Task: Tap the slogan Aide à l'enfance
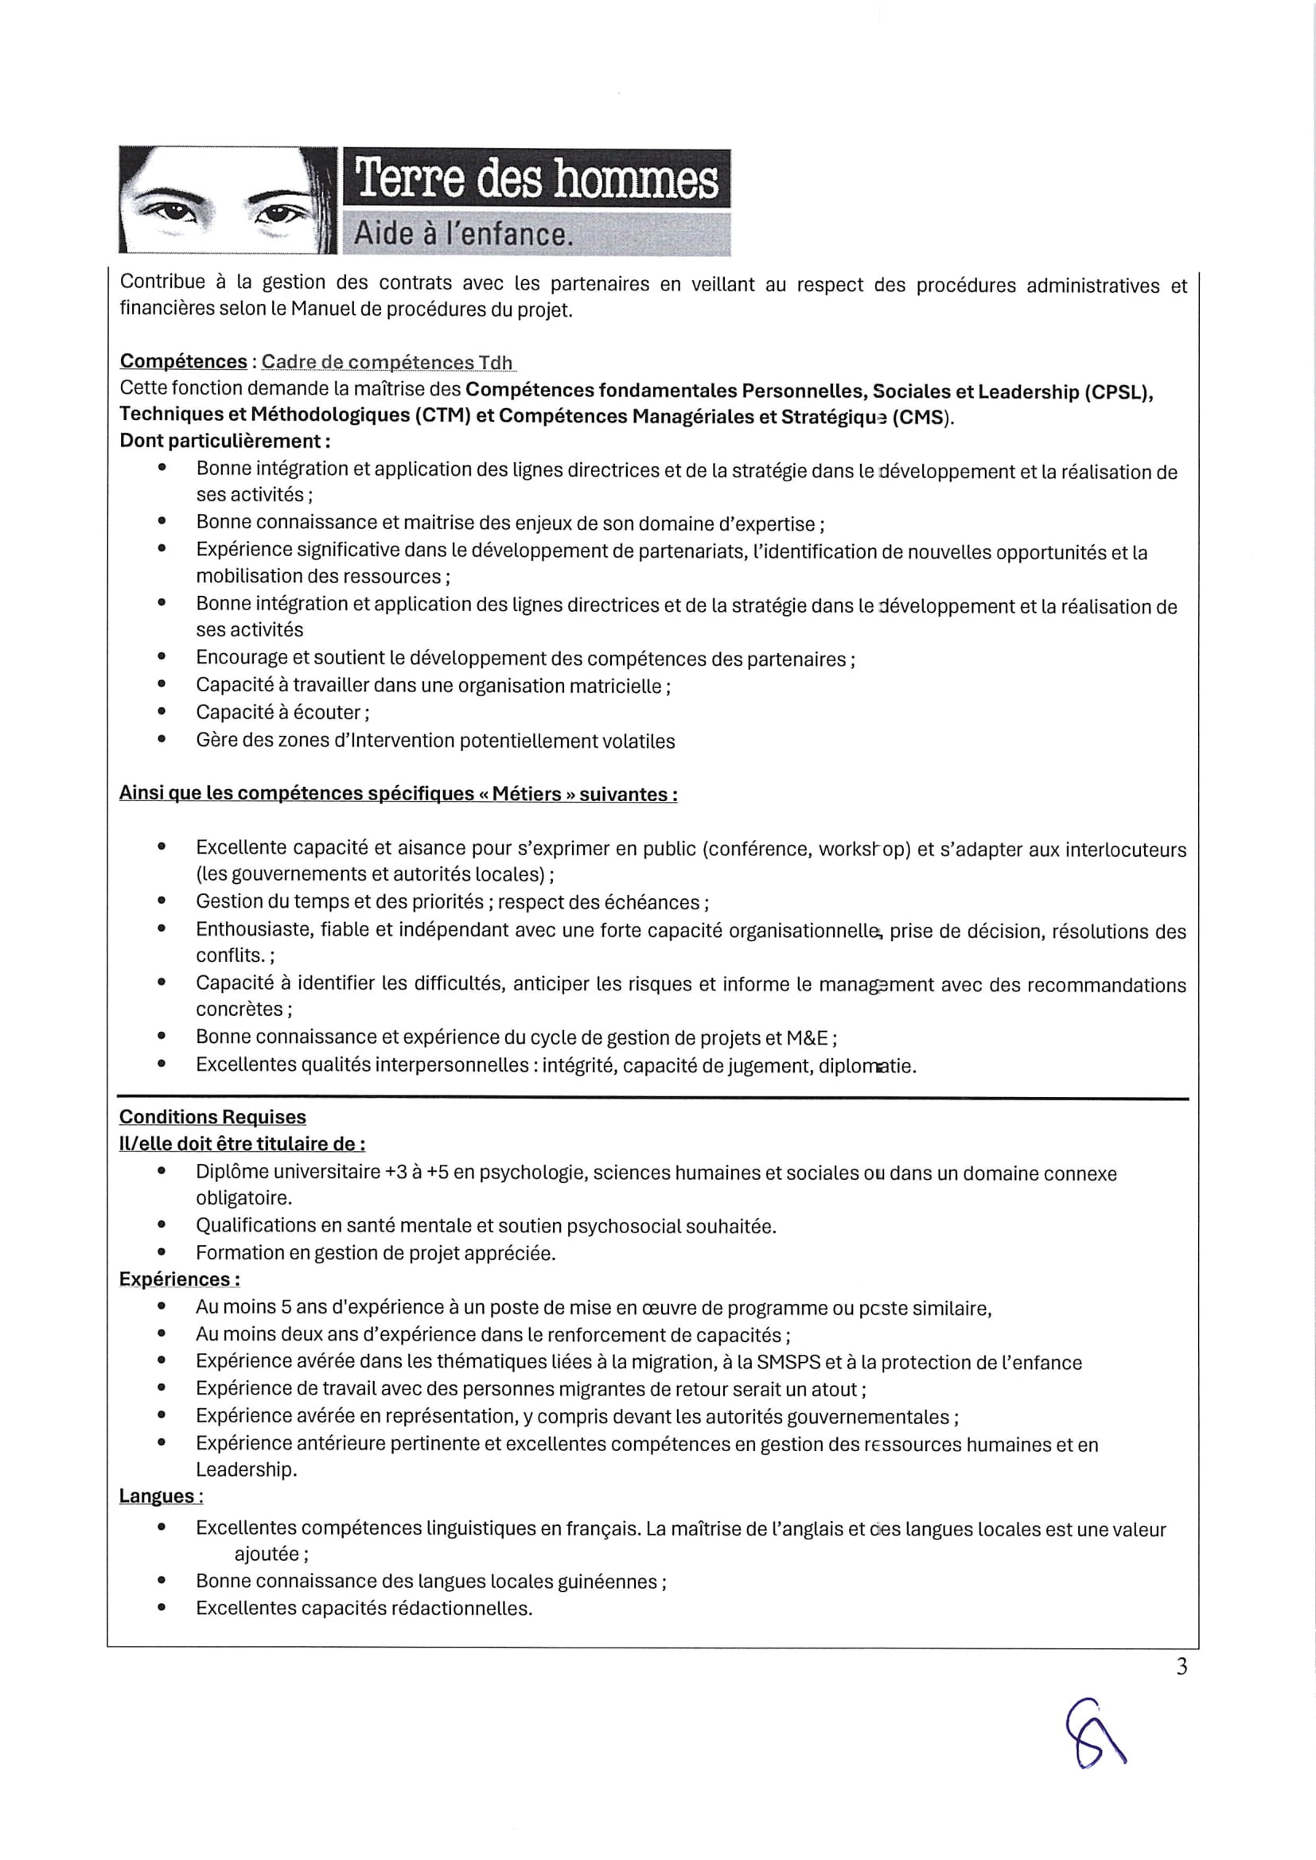[x=464, y=234]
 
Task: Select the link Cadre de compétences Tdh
[x=387, y=362]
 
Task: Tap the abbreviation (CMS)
[x=921, y=418]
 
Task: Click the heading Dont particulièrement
[x=224, y=442]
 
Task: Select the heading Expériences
[x=179, y=1279]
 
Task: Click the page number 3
[x=1182, y=1667]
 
